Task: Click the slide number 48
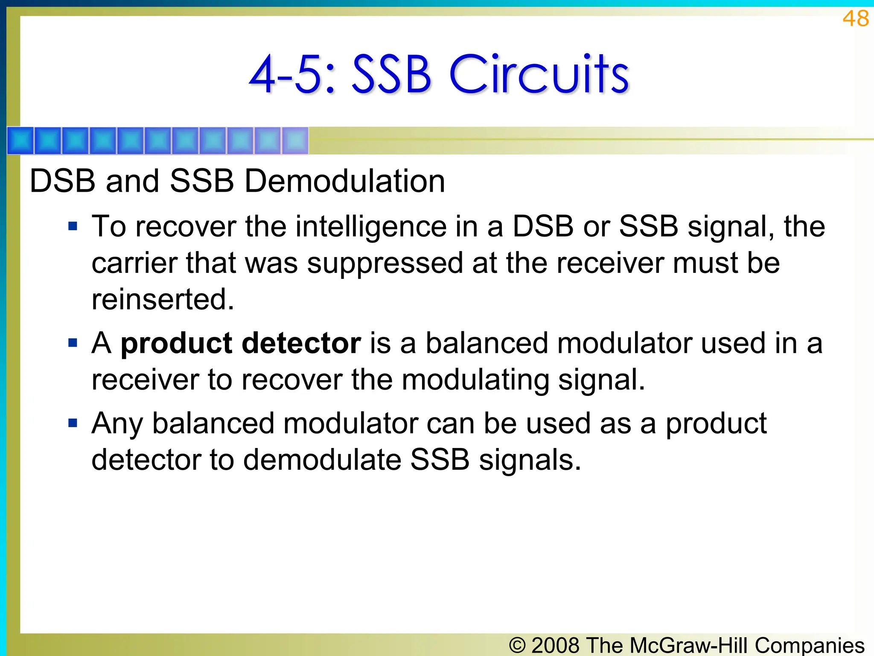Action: coord(855,19)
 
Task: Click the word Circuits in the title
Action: coord(539,74)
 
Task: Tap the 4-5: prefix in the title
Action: coord(292,74)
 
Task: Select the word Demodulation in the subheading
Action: coord(344,181)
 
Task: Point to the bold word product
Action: coord(176,344)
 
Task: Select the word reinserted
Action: coord(163,299)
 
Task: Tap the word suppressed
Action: coord(385,264)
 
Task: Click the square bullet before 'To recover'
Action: coord(73,226)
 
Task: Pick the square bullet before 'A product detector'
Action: coord(73,343)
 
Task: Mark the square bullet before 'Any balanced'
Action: coord(73,423)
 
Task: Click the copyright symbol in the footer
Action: coord(517,645)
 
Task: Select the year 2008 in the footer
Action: coord(556,645)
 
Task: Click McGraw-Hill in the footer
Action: coord(690,645)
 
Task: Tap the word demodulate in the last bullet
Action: coord(322,460)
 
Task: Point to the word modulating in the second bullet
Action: coord(475,380)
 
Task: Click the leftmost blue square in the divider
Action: coord(20,141)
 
